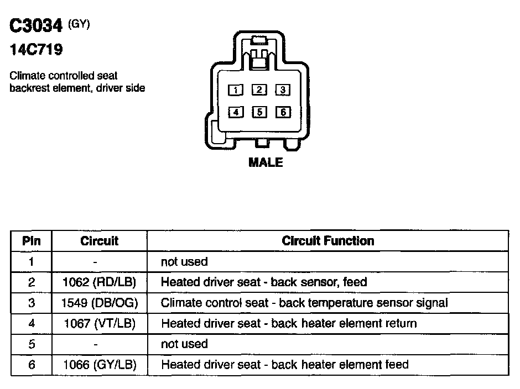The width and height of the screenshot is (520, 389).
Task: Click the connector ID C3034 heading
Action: click(36, 27)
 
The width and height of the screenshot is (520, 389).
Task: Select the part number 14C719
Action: click(36, 50)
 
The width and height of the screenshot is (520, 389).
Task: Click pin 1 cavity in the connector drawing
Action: click(236, 90)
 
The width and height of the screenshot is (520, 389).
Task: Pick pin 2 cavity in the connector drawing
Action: click(259, 90)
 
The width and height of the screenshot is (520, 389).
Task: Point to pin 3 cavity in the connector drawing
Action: click(282, 90)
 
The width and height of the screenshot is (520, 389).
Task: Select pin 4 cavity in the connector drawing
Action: click(236, 112)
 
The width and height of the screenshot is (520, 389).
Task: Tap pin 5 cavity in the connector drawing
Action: click(259, 112)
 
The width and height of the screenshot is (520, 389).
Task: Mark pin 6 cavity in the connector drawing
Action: click(282, 112)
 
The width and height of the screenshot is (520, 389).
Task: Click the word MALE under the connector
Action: click(266, 162)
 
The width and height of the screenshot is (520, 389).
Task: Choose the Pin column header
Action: click(32, 241)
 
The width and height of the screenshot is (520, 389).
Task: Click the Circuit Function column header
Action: click(327, 241)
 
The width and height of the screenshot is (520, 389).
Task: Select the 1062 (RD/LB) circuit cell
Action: click(99, 282)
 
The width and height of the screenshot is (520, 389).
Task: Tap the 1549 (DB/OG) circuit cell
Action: click(99, 303)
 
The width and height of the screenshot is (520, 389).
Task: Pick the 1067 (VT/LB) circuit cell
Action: click(99, 323)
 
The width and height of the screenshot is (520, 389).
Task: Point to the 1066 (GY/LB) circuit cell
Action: click(99, 365)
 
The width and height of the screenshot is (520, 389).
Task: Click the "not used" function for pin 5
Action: click(184, 344)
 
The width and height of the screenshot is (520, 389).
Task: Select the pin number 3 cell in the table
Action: click(32, 303)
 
